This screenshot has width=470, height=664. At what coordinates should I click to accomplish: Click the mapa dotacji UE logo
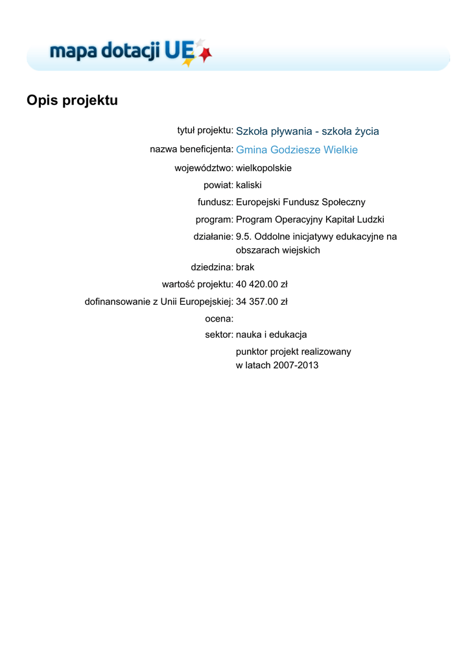130,51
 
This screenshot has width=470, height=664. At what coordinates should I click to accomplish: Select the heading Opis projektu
72,101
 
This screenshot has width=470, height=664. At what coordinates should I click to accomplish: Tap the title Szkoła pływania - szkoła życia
307,132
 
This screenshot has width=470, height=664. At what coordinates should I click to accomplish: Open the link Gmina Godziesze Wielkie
297,150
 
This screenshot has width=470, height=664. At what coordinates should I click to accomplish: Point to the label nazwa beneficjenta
191,150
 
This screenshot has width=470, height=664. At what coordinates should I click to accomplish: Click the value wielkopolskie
264,168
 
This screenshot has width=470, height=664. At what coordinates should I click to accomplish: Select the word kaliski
249,185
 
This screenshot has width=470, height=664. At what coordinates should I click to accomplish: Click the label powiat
218,185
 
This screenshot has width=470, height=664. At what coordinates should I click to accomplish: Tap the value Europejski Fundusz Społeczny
301,202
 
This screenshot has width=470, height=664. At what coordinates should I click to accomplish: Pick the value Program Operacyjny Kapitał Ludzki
310,220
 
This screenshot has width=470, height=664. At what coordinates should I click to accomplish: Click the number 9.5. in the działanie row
244,237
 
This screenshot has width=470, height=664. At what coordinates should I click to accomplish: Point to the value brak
245,267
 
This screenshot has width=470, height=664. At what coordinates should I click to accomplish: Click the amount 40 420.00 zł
261,284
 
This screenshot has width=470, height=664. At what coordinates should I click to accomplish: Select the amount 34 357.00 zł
261,302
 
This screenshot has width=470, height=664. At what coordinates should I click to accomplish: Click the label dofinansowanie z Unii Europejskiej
159,302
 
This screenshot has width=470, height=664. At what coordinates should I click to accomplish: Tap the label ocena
219,318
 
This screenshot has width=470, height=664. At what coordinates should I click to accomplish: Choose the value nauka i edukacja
271,335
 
